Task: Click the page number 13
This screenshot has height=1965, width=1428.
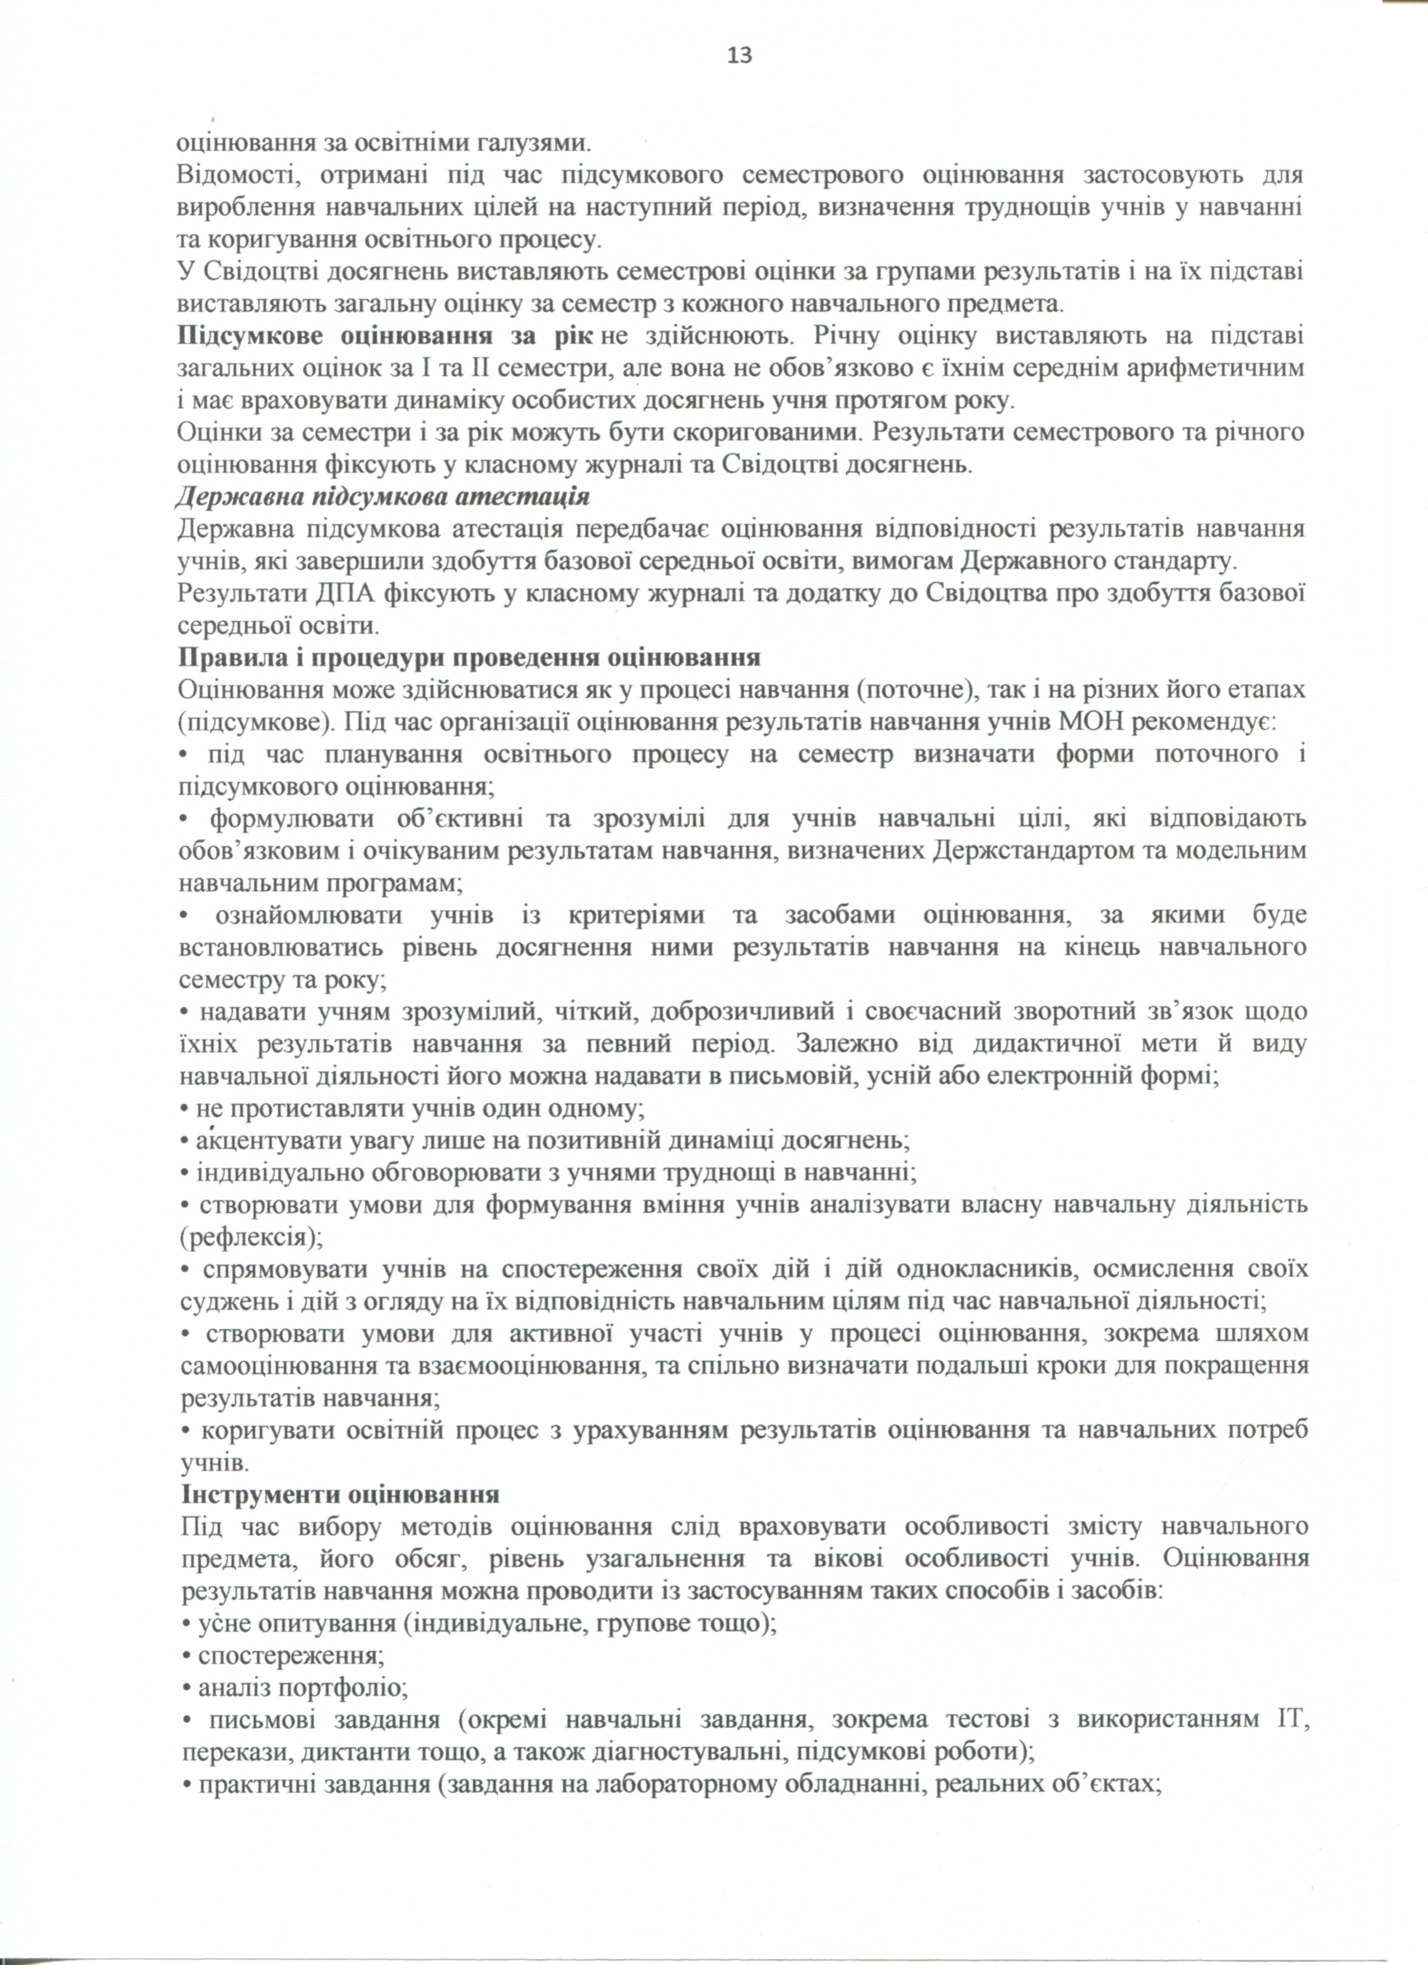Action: tap(740, 55)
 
